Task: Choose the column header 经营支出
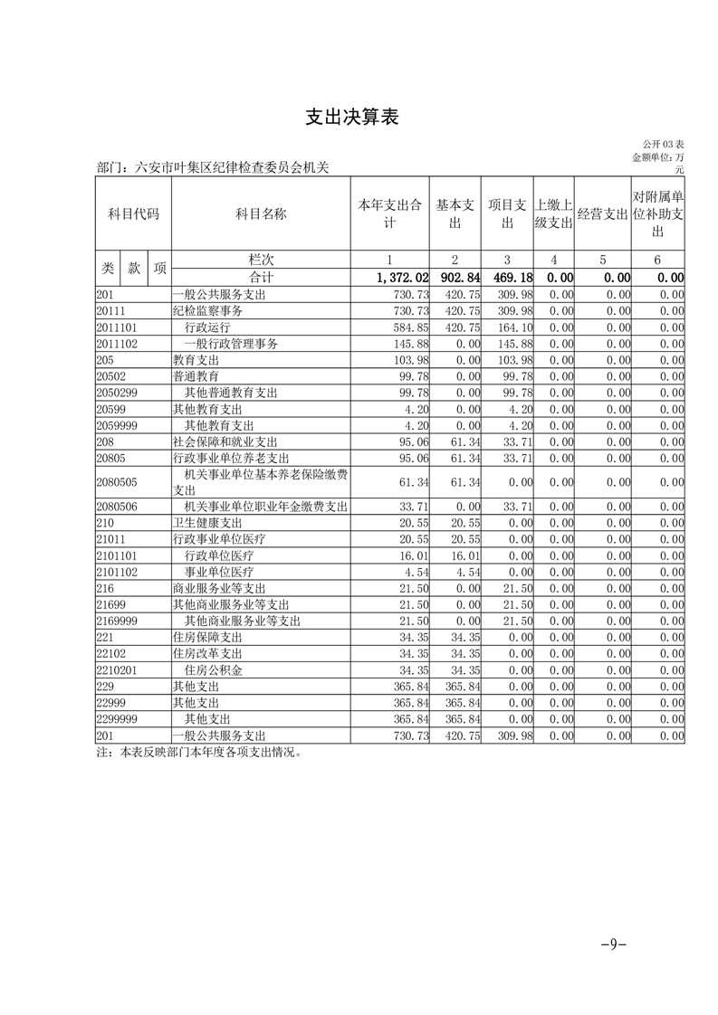coord(602,213)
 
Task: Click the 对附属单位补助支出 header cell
coord(657,213)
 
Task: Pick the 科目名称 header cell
coord(261,213)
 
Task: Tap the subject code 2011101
coord(116,327)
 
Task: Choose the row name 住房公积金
coord(214,670)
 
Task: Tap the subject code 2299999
coord(116,720)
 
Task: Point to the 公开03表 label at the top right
coord(663,145)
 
